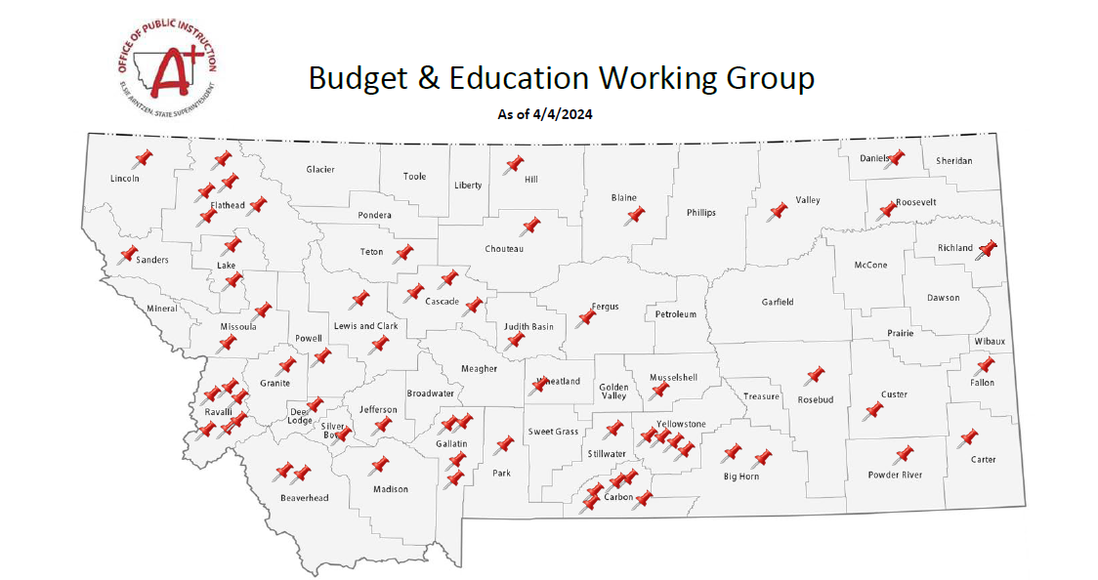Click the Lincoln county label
[124, 179]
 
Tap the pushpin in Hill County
[513, 164]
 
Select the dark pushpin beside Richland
[986, 249]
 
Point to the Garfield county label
[778, 302]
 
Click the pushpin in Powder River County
[903, 455]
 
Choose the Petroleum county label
[676, 314]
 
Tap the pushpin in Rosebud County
[813, 376]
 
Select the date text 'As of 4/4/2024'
[545, 114]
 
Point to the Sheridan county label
[953, 160]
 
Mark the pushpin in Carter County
[969, 438]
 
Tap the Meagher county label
[479, 368]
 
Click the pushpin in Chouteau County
[530, 227]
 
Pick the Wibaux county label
[989, 341]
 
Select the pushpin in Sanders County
[128, 255]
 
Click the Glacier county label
[320, 170]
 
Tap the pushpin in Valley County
[778, 211]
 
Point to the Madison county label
[390, 489]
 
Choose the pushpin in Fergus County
[586, 316]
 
